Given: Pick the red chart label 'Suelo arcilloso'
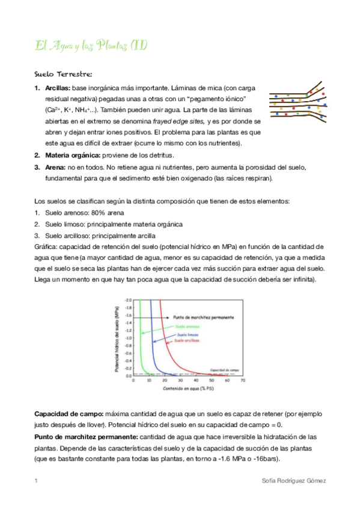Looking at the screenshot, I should [188, 341].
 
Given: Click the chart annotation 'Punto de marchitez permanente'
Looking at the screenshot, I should [203, 316].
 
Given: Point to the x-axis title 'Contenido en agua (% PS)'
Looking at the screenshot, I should [184, 389].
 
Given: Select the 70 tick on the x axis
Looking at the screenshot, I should [242, 381].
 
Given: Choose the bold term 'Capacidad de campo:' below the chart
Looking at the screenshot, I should [69, 414].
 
